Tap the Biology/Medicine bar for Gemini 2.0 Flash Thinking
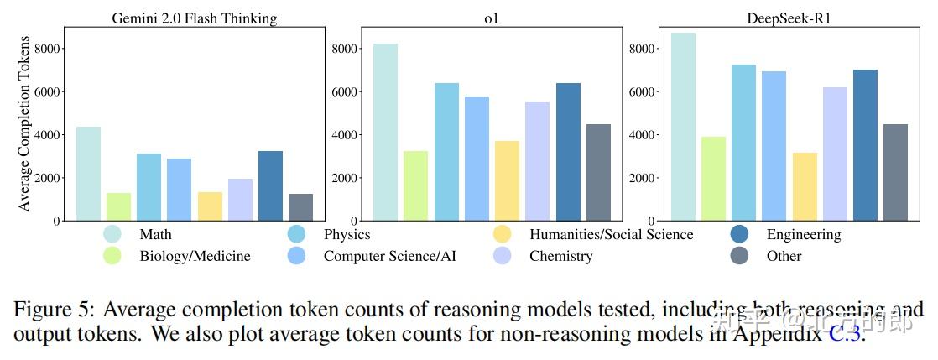pos(118,207)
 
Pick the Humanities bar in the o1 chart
pos(507,181)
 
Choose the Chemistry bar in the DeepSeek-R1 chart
pos(835,154)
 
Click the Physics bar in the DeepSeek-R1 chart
pos(743,143)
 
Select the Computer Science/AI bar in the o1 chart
pos(477,159)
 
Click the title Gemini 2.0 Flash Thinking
pos(195,18)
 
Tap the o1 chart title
pos(492,18)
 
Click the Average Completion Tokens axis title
pos(24,123)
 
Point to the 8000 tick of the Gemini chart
pos(48,49)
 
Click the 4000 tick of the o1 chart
pos(346,135)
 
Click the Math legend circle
pos(112,234)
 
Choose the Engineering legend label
pos(803,235)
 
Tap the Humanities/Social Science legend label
pos(611,235)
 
